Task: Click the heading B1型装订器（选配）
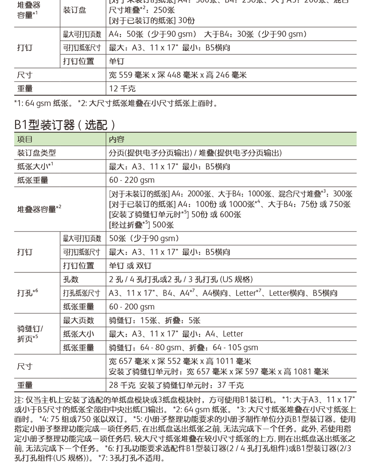(65, 124)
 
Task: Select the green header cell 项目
(25, 139)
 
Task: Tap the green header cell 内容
(117, 139)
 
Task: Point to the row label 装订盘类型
(37, 153)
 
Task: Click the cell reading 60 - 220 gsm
(132, 180)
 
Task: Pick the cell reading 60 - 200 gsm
(132, 307)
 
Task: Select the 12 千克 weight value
(122, 88)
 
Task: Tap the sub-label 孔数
(71, 279)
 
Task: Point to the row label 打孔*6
(28, 293)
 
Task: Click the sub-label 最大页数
(78, 321)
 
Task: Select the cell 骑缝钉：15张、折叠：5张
(155, 321)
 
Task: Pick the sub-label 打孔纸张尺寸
(82, 293)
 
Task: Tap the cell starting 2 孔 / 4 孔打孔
(181, 279)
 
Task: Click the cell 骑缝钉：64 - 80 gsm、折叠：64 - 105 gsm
(183, 348)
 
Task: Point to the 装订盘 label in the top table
(75, 10)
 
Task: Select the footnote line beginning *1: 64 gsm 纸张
(116, 103)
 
